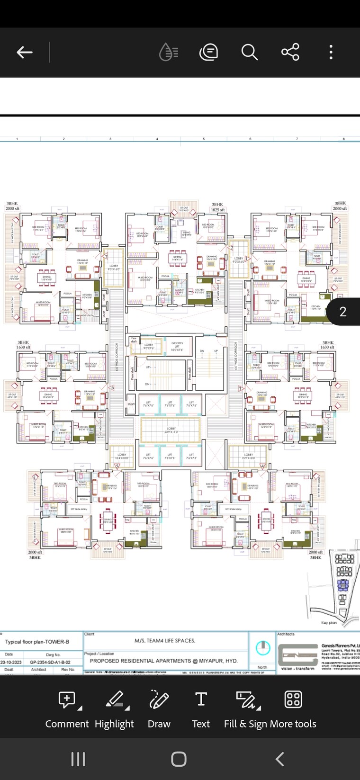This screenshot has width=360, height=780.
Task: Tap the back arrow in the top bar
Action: [25, 52]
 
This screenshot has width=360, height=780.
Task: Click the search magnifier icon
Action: [249, 52]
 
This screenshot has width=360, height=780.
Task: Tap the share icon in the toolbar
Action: [290, 52]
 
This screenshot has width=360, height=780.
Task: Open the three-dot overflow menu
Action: [331, 52]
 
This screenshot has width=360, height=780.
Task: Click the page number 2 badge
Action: [343, 312]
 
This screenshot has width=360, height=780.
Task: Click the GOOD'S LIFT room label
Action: [177, 345]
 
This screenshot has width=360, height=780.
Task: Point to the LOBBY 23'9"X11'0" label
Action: [171, 430]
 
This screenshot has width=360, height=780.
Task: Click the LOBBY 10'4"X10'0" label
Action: [122, 456]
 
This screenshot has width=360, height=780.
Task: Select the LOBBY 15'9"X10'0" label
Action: [249, 456]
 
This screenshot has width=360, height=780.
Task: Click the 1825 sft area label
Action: [218, 209]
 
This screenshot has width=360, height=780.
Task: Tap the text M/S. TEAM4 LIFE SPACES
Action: [165, 641]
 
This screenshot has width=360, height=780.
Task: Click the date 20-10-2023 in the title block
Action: [11, 662]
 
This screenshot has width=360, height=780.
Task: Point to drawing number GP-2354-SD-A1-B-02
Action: [50, 662]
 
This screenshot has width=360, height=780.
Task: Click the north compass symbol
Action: [263, 648]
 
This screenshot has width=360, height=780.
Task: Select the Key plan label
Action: [329, 622]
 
